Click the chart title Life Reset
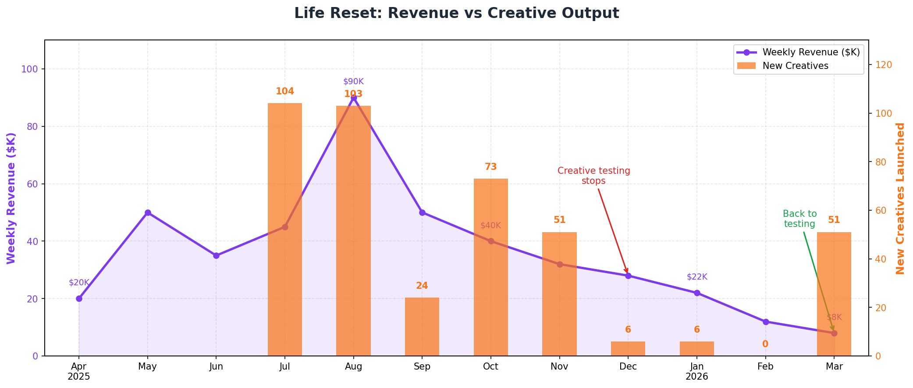(x=456, y=13)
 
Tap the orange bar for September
(x=422, y=327)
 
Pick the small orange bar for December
(x=628, y=348)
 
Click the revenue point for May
(x=148, y=212)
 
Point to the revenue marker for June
(x=216, y=255)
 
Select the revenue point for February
(x=766, y=322)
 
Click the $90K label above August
(x=353, y=82)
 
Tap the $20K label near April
(x=79, y=283)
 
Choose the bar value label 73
(x=490, y=167)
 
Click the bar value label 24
(x=422, y=286)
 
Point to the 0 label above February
(x=765, y=344)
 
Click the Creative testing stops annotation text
(x=593, y=176)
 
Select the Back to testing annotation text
(x=799, y=219)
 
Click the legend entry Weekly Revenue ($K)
(x=811, y=52)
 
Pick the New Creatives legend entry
(x=795, y=65)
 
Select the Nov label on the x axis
(x=559, y=366)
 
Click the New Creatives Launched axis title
(x=900, y=198)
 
